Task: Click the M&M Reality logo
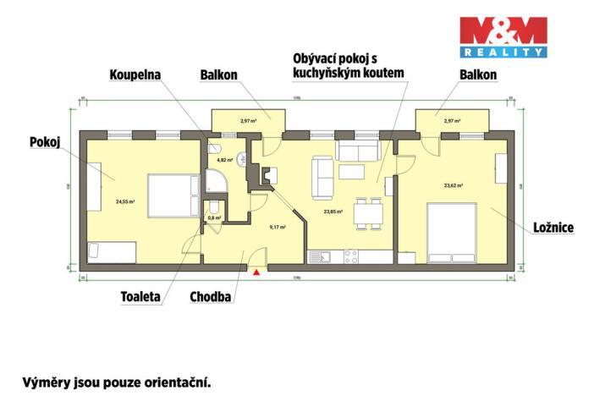[503, 36]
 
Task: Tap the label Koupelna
[135, 74]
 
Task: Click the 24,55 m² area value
[125, 201]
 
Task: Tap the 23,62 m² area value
[455, 184]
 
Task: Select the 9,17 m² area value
[277, 227]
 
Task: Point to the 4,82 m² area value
[224, 160]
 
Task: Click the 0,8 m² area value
[214, 217]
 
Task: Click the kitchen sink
[322, 256]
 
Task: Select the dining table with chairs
[367, 212]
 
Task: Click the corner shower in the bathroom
[214, 181]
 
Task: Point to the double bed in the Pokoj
[171, 196]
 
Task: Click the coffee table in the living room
[351, 172]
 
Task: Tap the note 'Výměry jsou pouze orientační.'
[115, 381]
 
